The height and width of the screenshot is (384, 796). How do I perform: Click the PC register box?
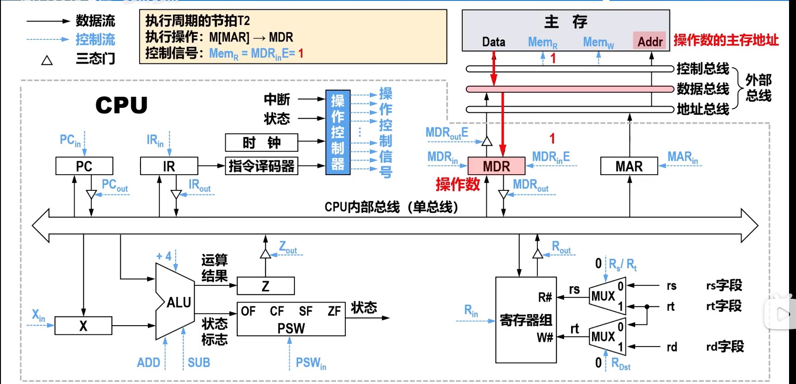(84, 166)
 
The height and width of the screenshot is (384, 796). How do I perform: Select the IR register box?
(169, 166)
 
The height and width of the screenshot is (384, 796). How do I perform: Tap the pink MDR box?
(496, 166)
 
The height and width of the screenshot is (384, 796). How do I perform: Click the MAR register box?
(629, 166)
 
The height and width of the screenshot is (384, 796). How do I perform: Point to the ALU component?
(176, 302)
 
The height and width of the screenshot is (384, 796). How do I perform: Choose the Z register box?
(265, 286)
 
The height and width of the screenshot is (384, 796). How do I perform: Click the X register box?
(83, 326)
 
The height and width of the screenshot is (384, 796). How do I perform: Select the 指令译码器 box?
(261, 166)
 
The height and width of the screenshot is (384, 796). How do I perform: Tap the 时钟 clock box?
(261, 143)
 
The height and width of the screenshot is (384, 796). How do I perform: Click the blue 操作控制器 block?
(338, 132)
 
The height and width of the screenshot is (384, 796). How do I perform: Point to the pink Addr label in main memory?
(650, 41)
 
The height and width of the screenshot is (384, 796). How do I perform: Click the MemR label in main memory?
(542, 42)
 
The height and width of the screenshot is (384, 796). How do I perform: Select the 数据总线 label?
(703, 88)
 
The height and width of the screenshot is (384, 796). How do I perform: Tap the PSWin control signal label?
(311, 363)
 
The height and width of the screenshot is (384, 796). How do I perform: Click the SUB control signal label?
(199, 363)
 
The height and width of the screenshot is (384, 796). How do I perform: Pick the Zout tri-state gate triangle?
(265, 254)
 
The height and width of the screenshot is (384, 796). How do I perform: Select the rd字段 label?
(725, 346)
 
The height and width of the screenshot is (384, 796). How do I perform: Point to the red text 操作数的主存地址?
(726, 40)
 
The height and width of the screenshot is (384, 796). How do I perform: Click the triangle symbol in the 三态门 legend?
(47, 60)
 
